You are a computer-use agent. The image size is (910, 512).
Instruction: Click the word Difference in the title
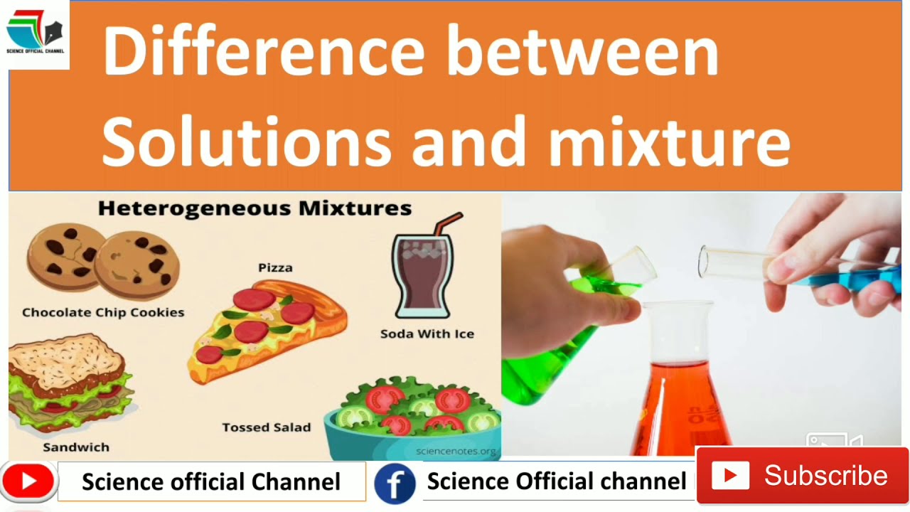263,51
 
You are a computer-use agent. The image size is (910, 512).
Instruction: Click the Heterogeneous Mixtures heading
255,208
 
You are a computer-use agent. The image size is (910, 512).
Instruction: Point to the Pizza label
275,268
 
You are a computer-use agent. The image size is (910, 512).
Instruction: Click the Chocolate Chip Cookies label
103,312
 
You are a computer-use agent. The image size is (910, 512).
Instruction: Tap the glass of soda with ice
422,277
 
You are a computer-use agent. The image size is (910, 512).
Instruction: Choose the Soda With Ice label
427,334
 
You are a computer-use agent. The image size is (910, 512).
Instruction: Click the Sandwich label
76,447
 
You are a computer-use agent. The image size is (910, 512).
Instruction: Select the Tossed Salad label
266,427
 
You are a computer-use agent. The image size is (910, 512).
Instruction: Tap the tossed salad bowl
412,420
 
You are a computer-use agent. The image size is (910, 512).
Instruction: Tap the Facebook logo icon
395,483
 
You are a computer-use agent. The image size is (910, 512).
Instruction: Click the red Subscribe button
802,476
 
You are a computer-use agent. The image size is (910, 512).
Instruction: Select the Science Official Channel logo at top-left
35,34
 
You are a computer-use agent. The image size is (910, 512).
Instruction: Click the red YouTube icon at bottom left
28,482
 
